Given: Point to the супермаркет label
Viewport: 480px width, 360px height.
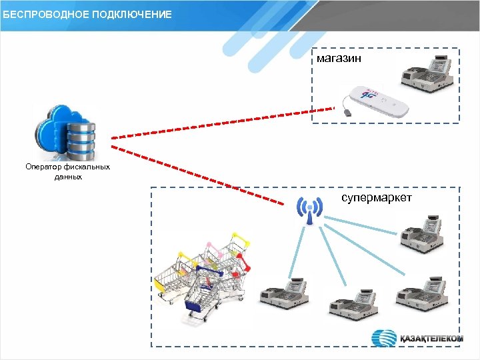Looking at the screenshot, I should (377, 199).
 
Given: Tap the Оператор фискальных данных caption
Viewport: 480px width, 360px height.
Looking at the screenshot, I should (67, 171).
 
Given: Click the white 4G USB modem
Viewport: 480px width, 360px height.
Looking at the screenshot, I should (377, 100).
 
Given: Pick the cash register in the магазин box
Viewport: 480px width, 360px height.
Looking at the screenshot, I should (427, 73).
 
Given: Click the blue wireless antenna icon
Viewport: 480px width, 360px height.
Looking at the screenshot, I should (309, 211).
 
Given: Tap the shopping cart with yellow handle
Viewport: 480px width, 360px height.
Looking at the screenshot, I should (170, 277).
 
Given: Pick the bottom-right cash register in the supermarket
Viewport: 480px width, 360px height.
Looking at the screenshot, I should (421, 293).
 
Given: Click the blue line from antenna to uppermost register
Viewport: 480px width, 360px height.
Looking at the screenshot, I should (360, 223).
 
